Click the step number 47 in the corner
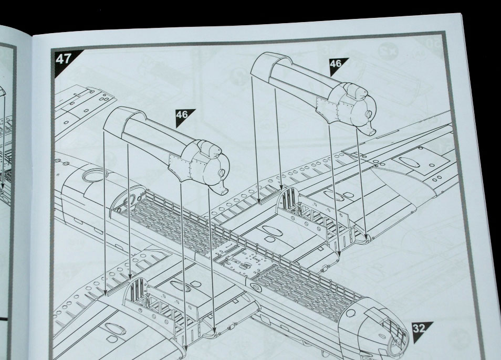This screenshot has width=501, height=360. pyautogui.click(x=63, y=58)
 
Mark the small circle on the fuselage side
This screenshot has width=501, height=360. pyautogui.click(x=256, y=288)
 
